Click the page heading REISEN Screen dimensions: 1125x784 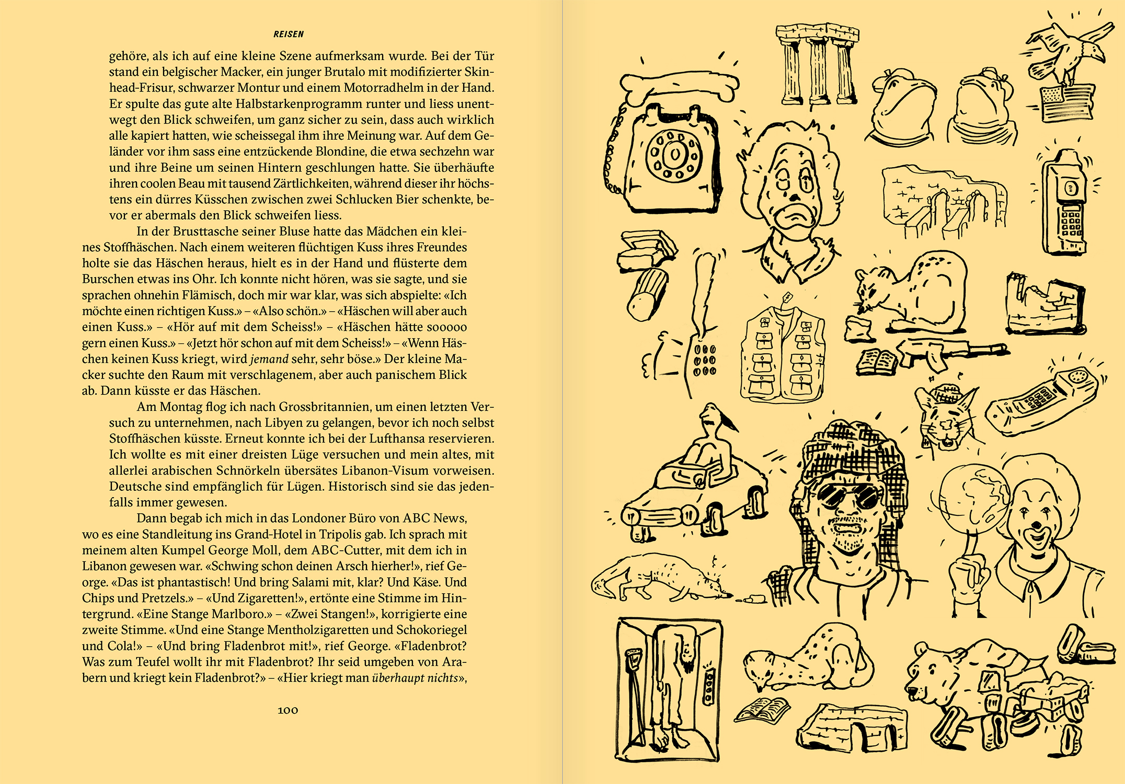pyautogui.click(x=288, y=34)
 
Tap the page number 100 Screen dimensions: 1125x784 pyautogui.click(x=288, y=710)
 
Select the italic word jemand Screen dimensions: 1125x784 pyautogui.click(x=269, y=359)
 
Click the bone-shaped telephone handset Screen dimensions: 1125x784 pyautogui.click(x=680, y=85)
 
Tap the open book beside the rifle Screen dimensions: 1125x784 pyautogui.click(x=876, y=362)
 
